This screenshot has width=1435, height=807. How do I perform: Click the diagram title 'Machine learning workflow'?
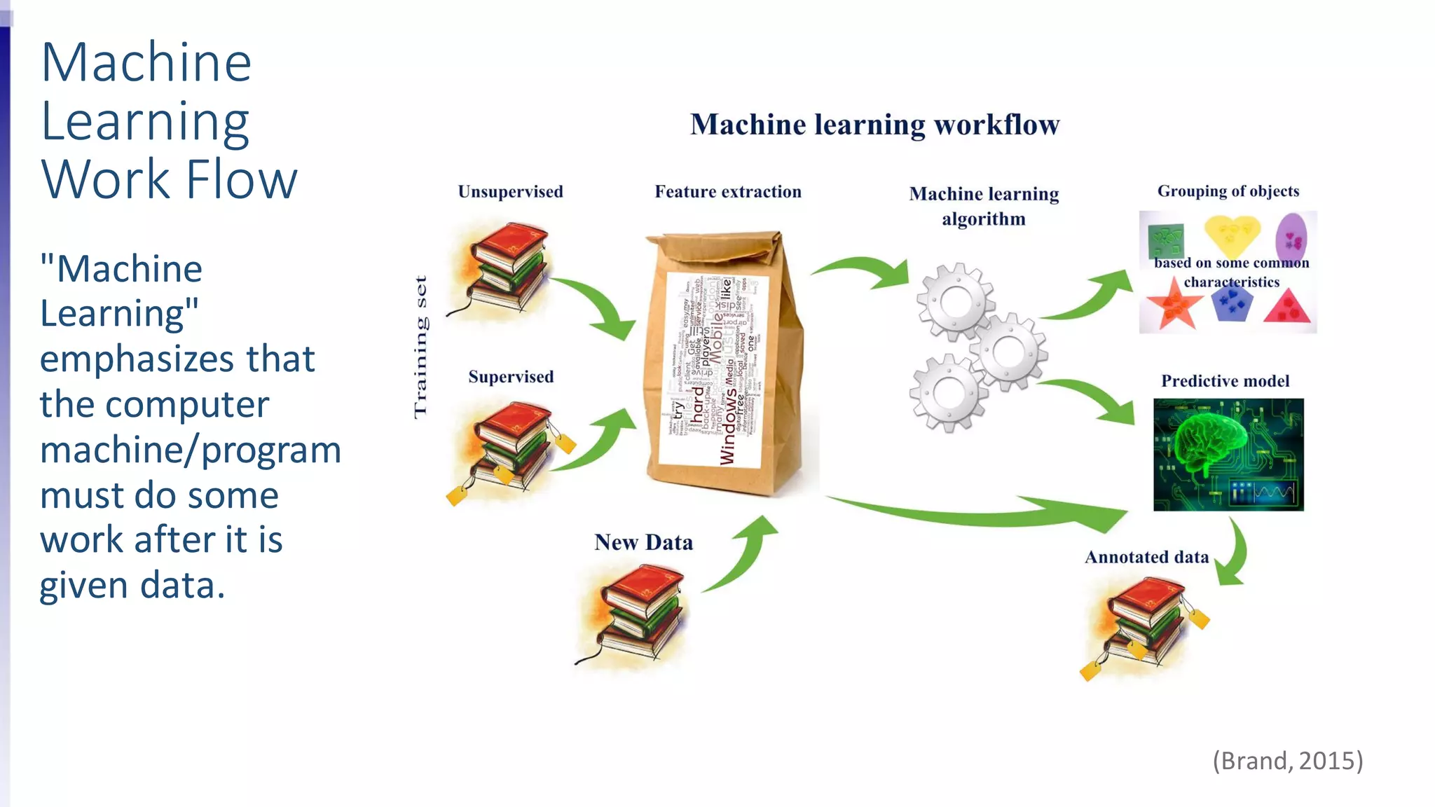[874, 125]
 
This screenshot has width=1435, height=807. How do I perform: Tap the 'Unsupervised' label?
[510, 192]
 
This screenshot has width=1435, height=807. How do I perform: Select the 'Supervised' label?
[511, 377]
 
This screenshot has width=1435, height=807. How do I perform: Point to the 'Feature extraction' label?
[728, 192]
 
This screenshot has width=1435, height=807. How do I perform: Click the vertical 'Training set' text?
[420, 347]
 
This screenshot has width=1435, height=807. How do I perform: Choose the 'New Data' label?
[643, 542]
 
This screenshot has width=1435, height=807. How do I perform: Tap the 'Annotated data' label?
[1146, 557]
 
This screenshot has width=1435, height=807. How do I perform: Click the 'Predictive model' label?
[1225, 381]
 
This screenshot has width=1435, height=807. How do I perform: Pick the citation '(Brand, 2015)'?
[1287, 761]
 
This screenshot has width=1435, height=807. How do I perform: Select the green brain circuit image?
[1228, 454]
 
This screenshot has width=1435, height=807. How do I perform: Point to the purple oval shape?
[1291, 237]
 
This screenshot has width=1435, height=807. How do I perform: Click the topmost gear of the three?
[956, 302]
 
